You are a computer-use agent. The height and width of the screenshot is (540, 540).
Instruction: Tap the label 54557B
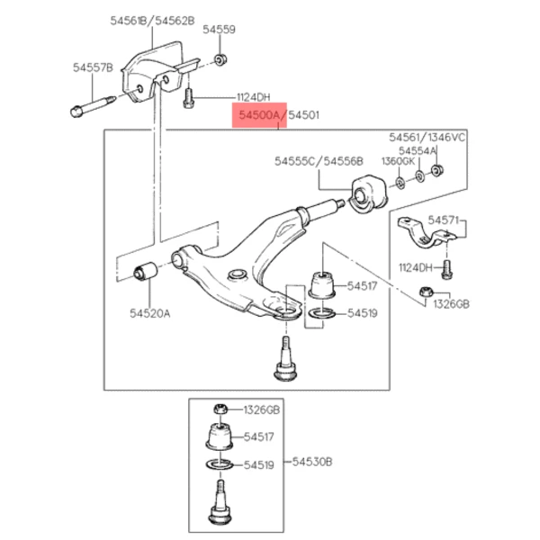[x=93, y=67]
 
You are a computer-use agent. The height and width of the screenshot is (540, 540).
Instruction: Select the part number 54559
[x=219, y=30]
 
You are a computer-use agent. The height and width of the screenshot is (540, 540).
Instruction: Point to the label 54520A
[x=148, y=313]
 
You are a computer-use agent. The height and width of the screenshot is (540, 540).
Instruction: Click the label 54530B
[x=312, y=462]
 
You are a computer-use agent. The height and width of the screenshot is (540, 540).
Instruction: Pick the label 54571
[x=443, y=219]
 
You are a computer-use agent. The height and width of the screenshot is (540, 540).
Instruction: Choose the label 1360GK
[x=398, y=161]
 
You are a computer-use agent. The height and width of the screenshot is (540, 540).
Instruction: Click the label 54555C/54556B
[x=319, y=162]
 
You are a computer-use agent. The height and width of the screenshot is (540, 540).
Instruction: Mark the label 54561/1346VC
[x=427, y=137]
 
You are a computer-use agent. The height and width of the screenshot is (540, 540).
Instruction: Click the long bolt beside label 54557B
[x=89, y=105]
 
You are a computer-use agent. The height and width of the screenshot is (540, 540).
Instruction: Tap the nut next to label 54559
[x=220, y=60]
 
